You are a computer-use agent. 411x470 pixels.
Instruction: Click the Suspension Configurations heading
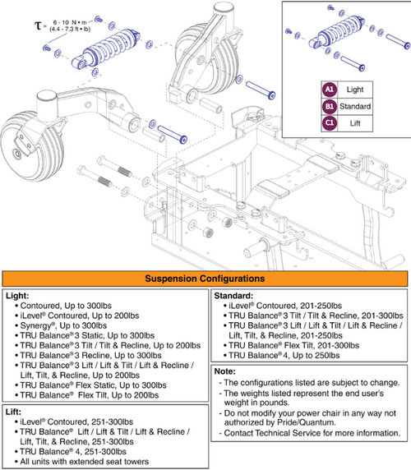coord(205,279)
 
